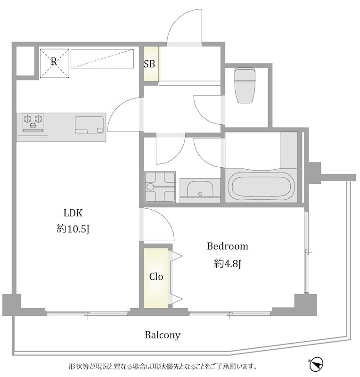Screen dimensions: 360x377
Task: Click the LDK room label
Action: [73, 213]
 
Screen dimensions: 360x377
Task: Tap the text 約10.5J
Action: [73, 229]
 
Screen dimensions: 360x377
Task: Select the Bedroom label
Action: [228, 246]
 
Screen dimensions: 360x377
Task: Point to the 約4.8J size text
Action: [228, 263]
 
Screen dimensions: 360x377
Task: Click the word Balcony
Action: [163, 335]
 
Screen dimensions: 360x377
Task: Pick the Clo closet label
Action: [156, 277]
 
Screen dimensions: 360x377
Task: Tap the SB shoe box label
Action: [149, 64]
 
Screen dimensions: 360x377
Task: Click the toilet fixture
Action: [245, 85]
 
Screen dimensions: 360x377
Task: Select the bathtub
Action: [261, 185]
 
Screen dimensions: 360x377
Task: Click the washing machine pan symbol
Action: [160, 187]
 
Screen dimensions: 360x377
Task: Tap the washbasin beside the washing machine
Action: [200, 190]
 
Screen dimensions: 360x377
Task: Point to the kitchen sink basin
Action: [89, 125]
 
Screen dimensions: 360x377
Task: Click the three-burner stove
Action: [33, 123]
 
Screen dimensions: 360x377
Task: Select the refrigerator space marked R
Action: [54, 63]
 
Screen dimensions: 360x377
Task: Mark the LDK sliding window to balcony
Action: [87, 313]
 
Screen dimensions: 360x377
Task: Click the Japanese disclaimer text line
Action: [163, 367]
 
